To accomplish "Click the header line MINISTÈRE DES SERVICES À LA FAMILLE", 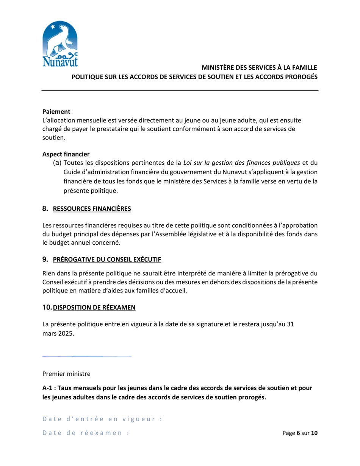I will coord(259,68).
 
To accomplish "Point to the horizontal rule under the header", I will coord(180,91).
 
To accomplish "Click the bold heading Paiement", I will coord(56,112).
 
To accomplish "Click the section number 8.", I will coord(45,209).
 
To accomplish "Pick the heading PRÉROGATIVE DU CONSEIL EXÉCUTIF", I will coord(107,260).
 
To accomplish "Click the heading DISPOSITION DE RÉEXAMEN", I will coord(94,308).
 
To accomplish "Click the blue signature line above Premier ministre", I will coord(87,357).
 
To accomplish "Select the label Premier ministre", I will coord(66,374).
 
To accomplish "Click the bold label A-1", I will coord(48,388).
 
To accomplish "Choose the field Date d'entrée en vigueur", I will coord(102,419).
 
